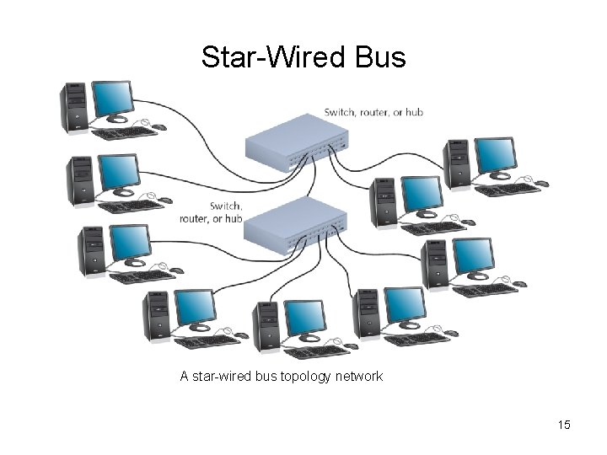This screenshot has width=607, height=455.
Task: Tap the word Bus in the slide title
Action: point(381,58)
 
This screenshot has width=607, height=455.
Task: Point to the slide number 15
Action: point(564,425)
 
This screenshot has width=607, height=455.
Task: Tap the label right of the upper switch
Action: point(373,112)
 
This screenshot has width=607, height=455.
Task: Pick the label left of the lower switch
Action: point(212,212)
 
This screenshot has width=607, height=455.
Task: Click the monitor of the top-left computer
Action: point(112,98)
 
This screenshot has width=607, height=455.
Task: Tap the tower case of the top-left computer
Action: point(74,107)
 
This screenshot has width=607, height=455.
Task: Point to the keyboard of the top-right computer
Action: point(508,190)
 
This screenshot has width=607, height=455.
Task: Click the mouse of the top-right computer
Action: point(541,183)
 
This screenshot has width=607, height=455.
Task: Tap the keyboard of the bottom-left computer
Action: point(207,341)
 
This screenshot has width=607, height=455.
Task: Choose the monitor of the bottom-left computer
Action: point(195,307)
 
